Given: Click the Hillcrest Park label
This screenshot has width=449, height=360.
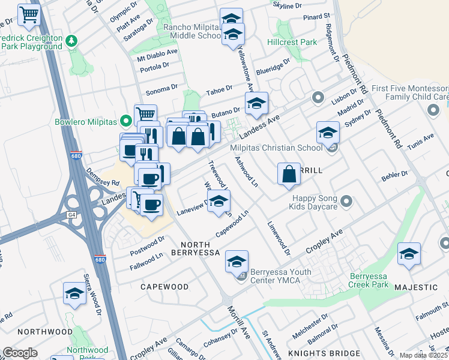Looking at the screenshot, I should (x=292, y=43).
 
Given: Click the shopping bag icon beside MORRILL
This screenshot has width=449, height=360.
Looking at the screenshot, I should (x=289, y=173).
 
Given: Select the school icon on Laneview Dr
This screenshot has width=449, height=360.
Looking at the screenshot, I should (x=219, y=200).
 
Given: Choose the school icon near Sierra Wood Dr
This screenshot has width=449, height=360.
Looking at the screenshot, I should (x=74, y=293).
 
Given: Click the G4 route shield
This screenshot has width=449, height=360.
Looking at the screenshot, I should (x=71, y=214).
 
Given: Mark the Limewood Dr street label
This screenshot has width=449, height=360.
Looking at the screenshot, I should (x=279, y=235).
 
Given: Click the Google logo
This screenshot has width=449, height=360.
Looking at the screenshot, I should (x=20, y=352).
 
